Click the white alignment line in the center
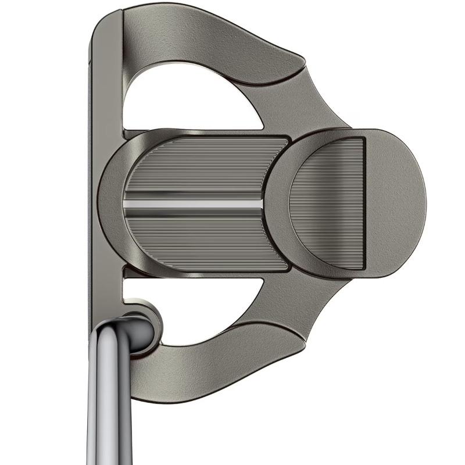pos(192,204)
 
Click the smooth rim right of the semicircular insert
pos(395,201)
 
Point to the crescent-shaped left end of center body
pos(110,203)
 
